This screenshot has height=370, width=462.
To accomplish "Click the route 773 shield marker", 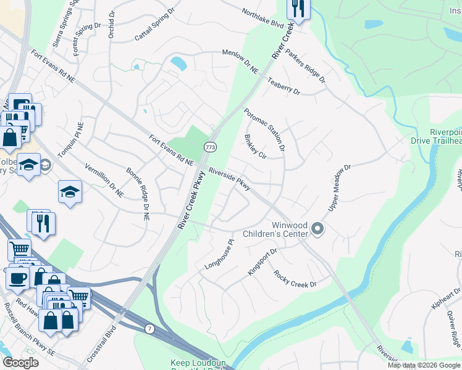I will [210, 147].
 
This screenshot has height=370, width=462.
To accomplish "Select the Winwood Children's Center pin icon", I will [318, 229].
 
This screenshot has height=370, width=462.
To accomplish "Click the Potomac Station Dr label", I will [264, 129].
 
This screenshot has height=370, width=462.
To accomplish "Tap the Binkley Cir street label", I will [254, 146].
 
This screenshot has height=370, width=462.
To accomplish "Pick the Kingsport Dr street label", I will [262, 261].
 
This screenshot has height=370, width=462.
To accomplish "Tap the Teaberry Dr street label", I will [283, 86].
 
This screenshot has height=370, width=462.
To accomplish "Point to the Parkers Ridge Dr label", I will [305, 65].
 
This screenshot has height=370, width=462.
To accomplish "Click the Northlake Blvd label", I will [262, 20].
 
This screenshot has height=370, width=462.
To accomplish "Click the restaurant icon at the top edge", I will [298, 9].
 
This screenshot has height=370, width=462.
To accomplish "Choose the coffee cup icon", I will [17, 277].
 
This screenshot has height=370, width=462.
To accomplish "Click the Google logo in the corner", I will [21, 362].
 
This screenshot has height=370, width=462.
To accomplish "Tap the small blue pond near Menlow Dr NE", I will [178, 63].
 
